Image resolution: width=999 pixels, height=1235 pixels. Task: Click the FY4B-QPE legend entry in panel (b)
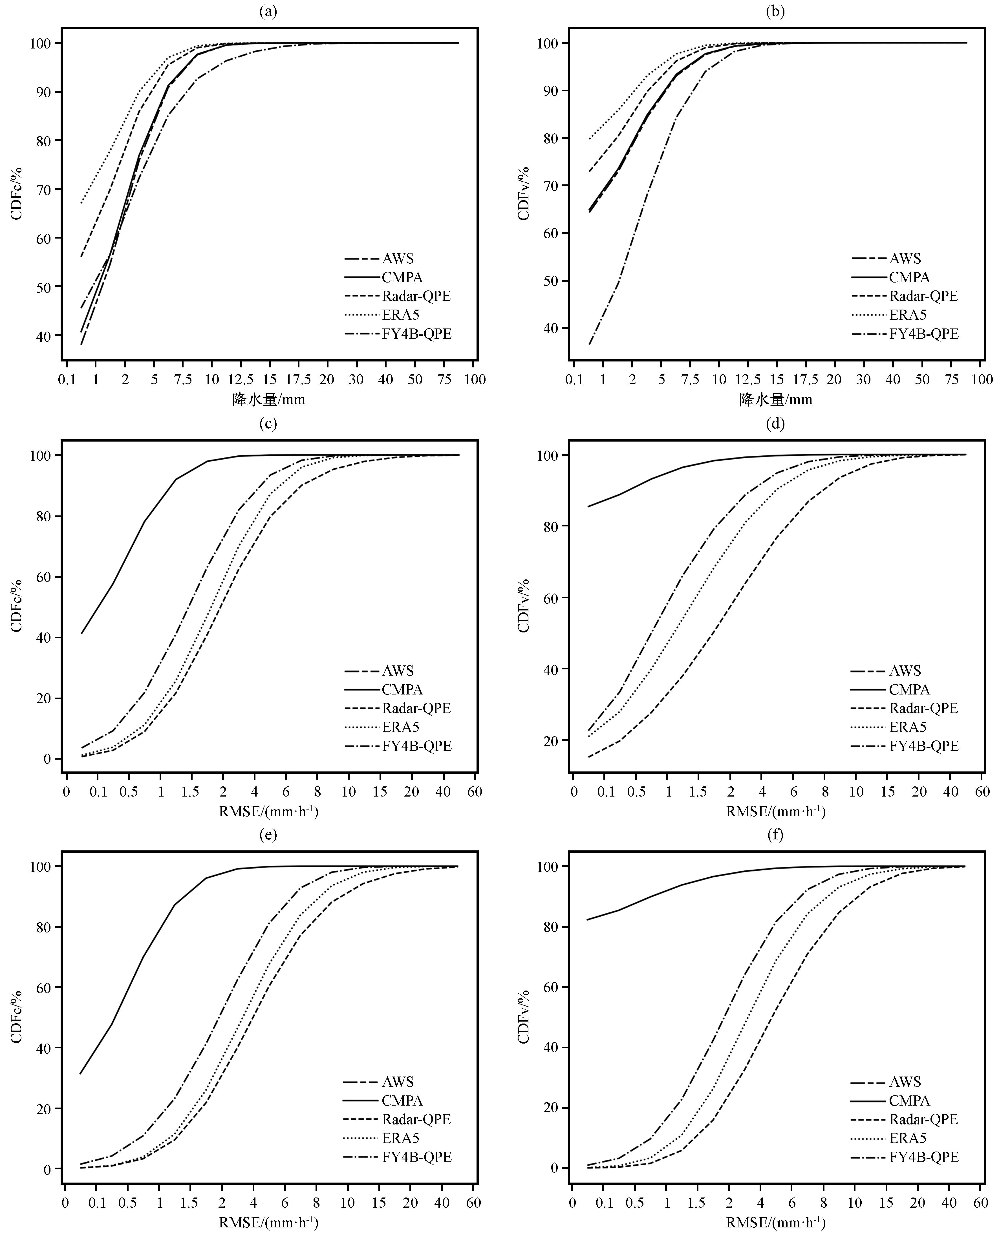924,334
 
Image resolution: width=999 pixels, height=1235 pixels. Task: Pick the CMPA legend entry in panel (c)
402,689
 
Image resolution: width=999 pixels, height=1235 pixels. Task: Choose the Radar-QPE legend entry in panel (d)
923,708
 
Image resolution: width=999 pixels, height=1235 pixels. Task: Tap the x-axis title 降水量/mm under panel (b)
776,399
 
